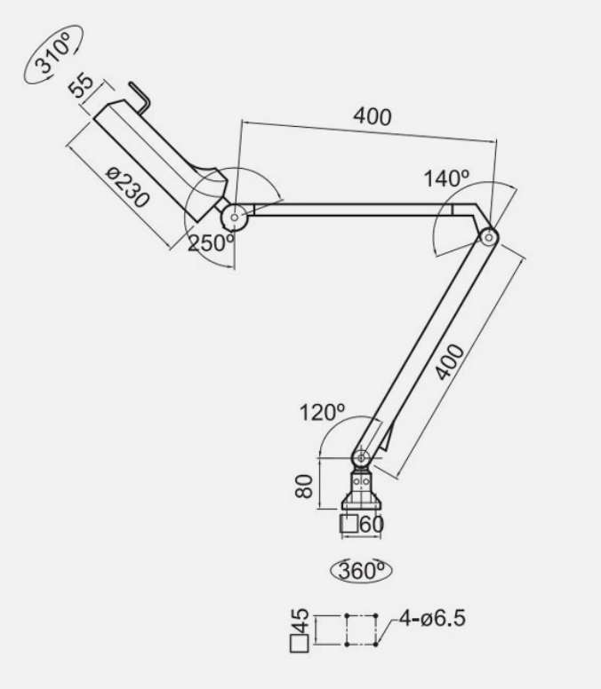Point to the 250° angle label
(211, 242)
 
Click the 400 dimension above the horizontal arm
(372, 116)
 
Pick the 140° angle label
(447, 178)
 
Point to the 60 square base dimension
(372, 524)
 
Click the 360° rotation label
(362, 570)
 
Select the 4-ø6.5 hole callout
(431, 616)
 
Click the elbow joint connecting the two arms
(487, 237)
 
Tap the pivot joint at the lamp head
(234, 215)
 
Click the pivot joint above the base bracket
(360, 458)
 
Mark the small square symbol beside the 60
(349, 524)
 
